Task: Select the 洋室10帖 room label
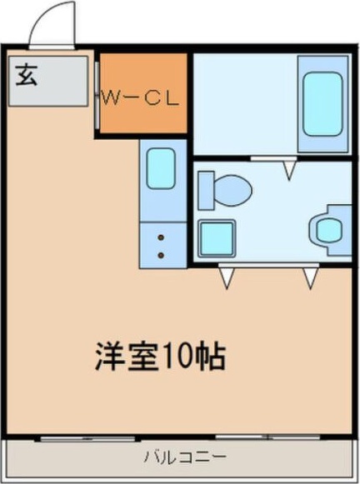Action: click(x=157, y=357)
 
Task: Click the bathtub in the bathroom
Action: click(x=322, y=103)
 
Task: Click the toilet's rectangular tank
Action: click(x=205, y=190)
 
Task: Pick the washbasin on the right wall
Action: click(x=327, y=227)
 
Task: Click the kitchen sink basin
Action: click(x=160, y=169)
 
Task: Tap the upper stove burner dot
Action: click(x=160, y=237)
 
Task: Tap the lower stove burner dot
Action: click(x=160, y=254)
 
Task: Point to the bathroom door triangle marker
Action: click(x=289, y=171)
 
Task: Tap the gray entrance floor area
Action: click(x=48, y=82)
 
